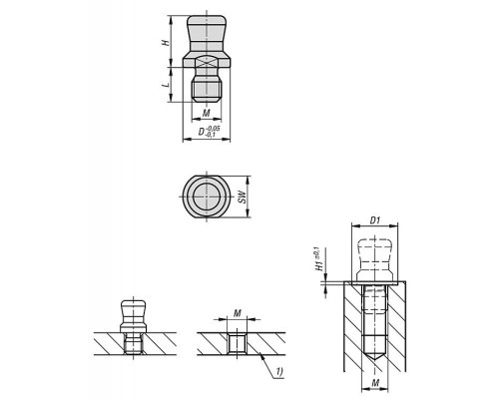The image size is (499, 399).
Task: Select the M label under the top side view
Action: pyautogui.click(x=207, y=113)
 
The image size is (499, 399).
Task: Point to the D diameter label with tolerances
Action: pyautogui.click(x=209, y=132)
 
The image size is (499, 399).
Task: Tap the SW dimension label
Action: pyautogui.click(x=243, y=197)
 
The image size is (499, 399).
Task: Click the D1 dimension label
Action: pyautogui.click(x=375, y=220)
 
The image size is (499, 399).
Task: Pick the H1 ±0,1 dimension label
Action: pyautogui.click(x=319, y=259)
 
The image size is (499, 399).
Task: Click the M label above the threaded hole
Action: pyautogui.click(x=237, y=313)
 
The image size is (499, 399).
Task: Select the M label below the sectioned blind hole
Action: pyautogui.click(x=375, y=383)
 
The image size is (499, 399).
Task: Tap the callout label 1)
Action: pyautogui.click(x=278, y=371)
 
